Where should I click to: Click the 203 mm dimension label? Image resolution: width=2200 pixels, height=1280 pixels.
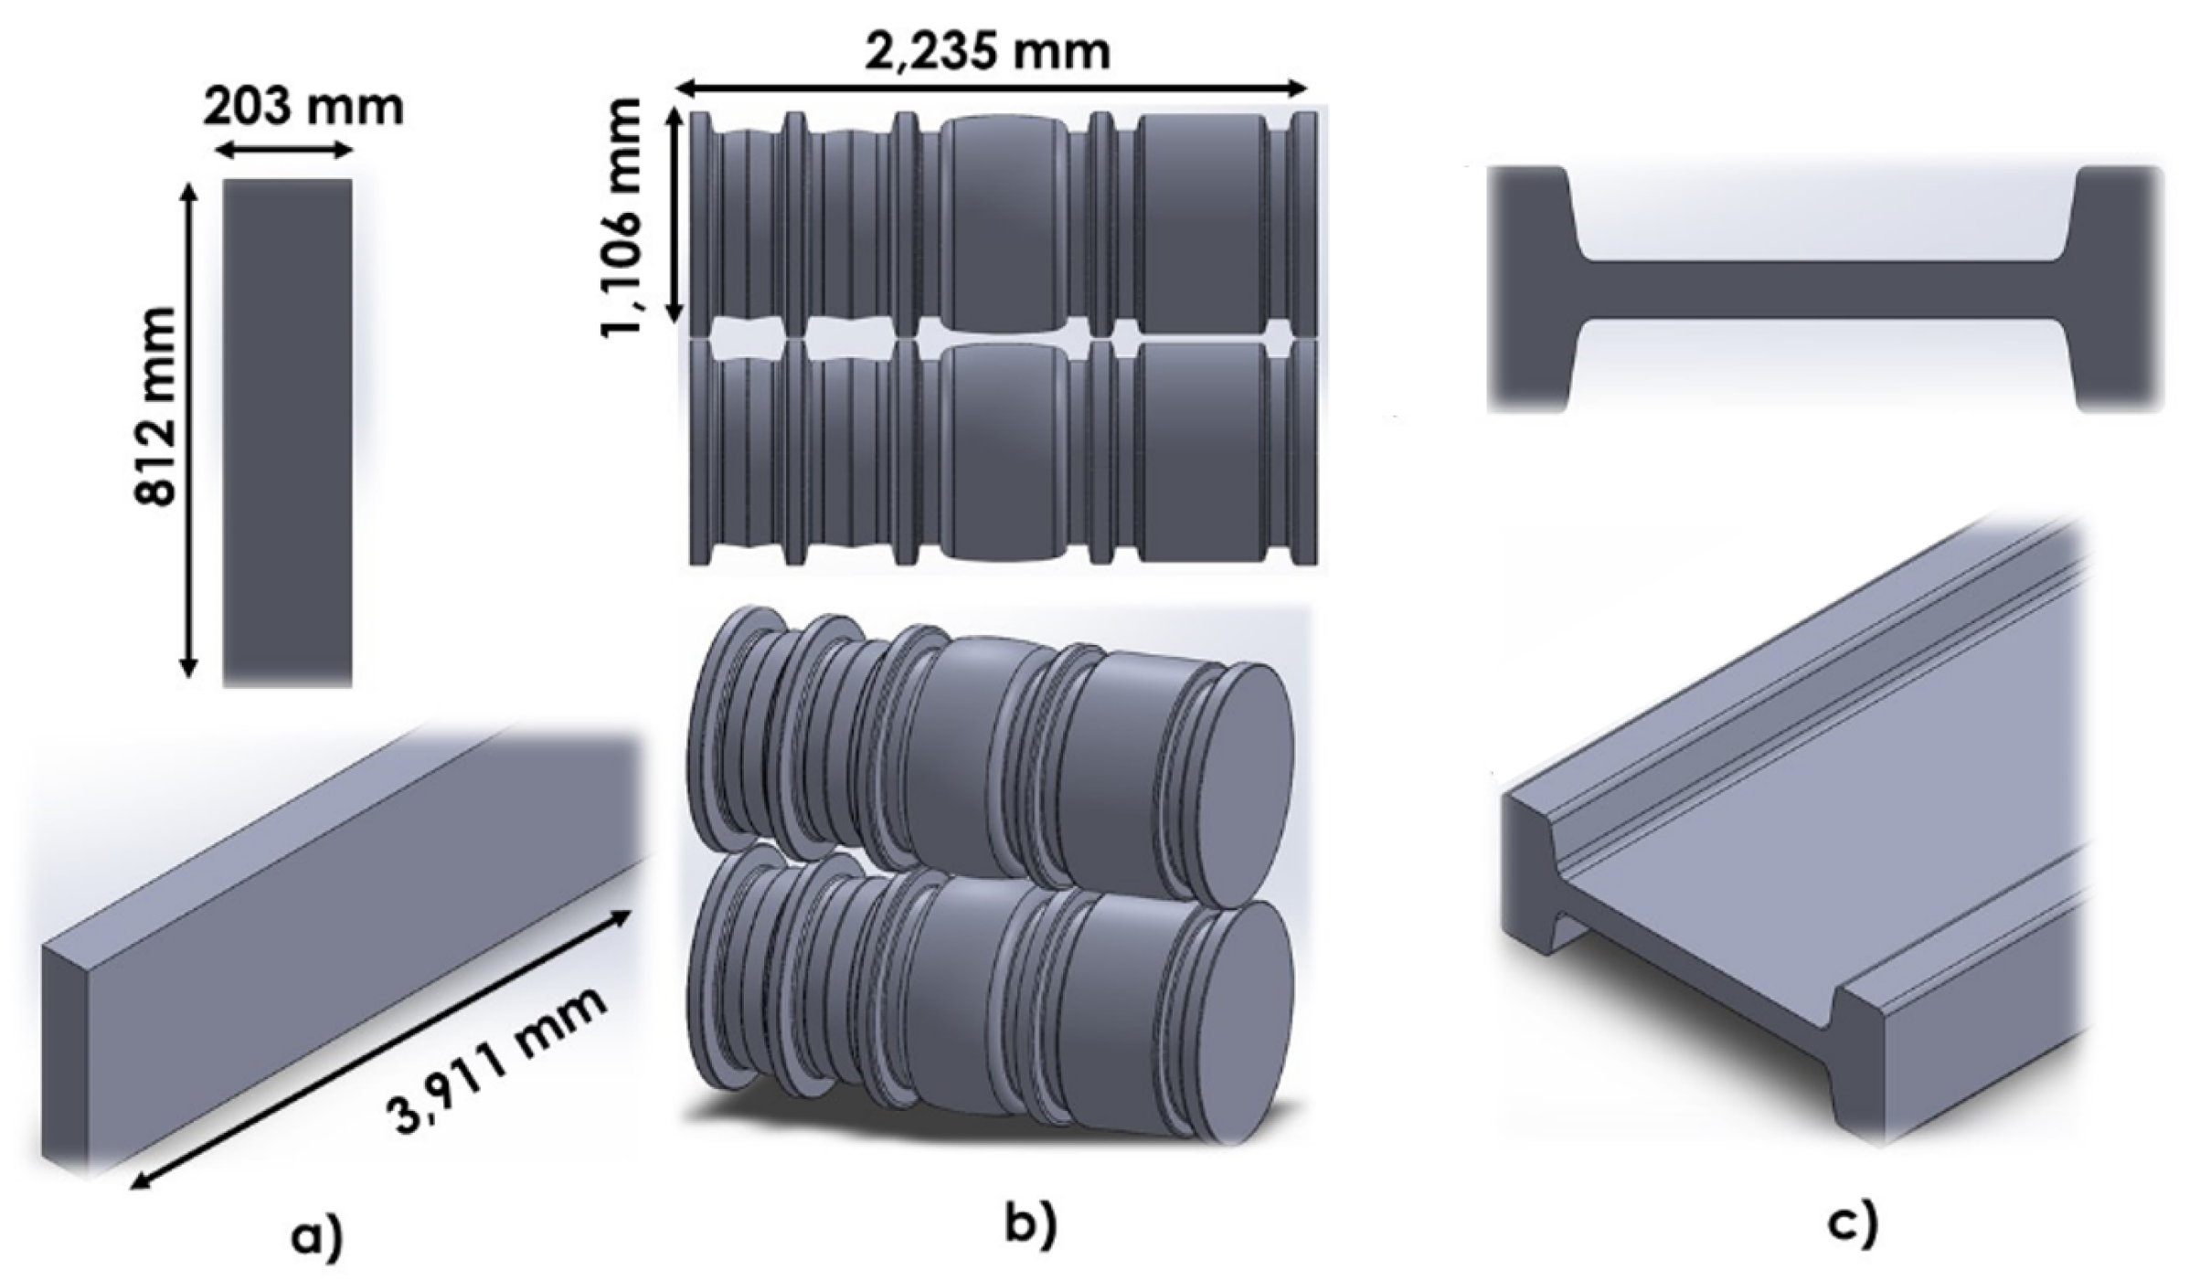click(303, 109)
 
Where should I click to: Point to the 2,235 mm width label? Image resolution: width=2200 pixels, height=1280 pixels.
click(989, 51)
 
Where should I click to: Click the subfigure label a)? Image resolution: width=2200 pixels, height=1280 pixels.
click(316, 1238)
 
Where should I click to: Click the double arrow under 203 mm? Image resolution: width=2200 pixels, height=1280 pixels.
click(286, 152)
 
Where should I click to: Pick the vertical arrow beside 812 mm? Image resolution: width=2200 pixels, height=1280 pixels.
click(189, 429)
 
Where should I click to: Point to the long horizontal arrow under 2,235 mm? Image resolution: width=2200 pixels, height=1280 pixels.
click(991, 88)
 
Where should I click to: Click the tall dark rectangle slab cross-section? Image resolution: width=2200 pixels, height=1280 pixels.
click(287, 431)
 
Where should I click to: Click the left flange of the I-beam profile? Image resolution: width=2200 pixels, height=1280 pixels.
click(1528, 289)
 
